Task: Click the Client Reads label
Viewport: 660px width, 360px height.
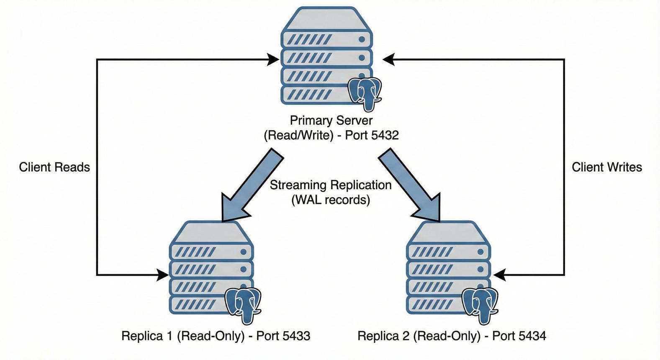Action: click(x=54, y=167)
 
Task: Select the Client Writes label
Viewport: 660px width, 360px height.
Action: click(x=606, y=167)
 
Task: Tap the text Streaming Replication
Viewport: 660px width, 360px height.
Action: click(x=331, y=185)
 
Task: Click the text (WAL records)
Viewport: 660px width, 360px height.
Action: click(x=331, y=200)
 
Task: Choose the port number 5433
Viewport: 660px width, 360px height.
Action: click(x=296, y=336)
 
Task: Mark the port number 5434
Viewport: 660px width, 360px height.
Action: click(x=532, y=336)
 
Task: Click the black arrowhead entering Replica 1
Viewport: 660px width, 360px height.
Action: click(x=163, y=275)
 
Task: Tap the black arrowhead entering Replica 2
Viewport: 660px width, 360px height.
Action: click(x=499, y=275)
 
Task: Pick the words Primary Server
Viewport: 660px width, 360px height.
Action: click(x=331, y=121)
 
